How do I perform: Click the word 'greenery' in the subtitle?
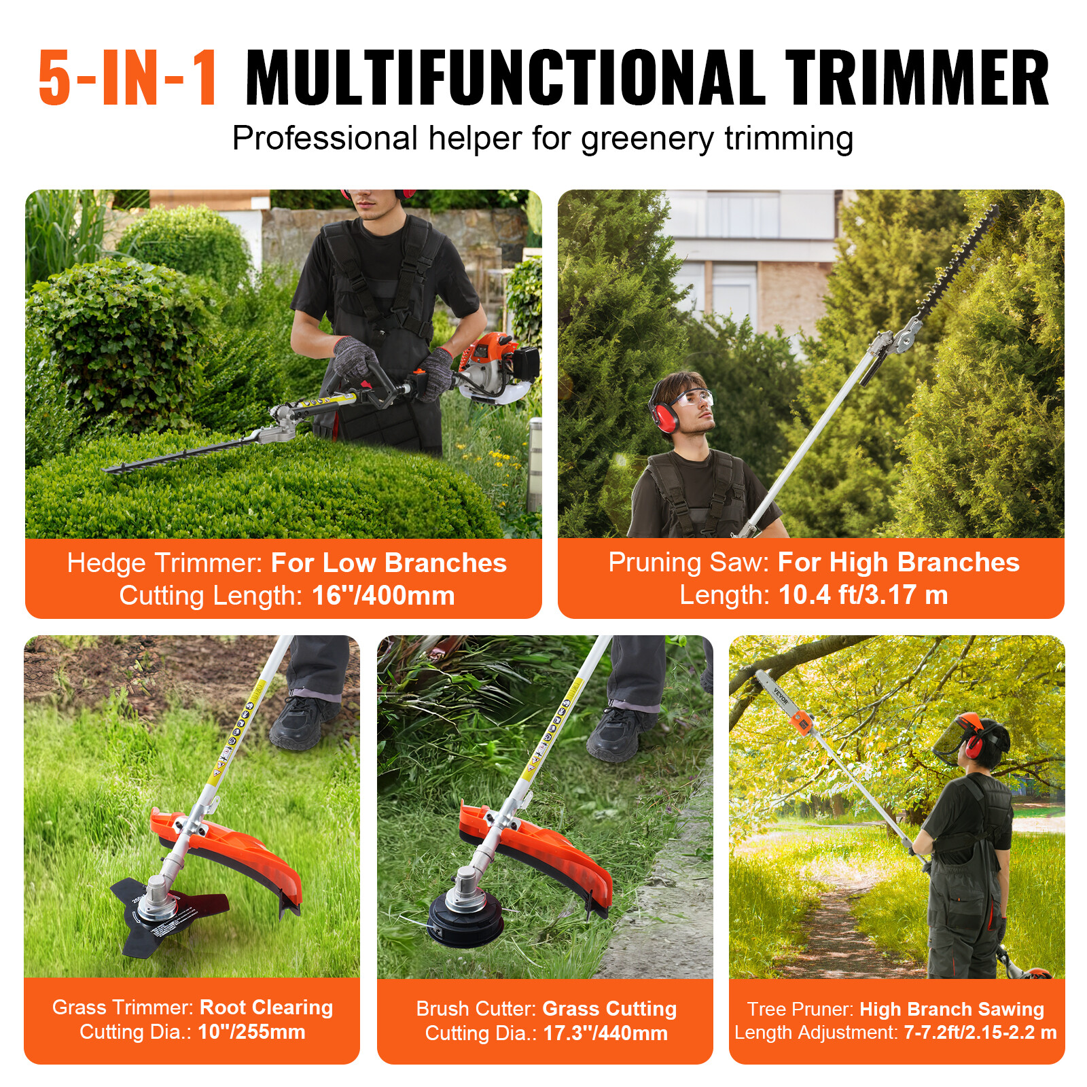point(647,139)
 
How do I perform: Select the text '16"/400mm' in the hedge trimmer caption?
point(383,596)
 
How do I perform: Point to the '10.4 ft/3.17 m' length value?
point(863,595)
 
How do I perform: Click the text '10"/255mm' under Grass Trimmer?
point(251,1032)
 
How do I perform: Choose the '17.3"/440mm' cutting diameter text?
point(605,1033)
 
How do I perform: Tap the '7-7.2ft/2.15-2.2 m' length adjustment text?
point(980,1033)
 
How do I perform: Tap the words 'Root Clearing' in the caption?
point(266,1007)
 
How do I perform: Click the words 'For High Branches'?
point(898,563)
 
